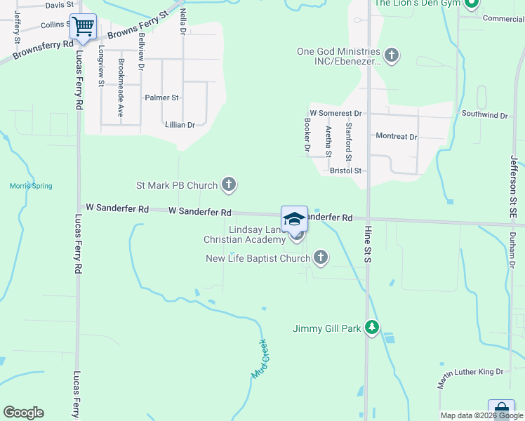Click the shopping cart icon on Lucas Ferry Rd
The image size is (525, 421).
[84, 27]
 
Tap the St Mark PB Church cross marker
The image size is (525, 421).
[228, 185]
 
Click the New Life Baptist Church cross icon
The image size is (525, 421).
[321, 258]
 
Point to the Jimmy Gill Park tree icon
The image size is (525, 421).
[372, 328]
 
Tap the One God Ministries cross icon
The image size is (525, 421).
[392, 54]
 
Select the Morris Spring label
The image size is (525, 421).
[31, 186]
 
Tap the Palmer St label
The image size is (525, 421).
[161, 98]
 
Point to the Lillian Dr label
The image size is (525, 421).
[180, 125]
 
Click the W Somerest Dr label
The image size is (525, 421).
[335, 113]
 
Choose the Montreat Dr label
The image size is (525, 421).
[397, 137]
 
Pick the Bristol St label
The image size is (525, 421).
[345, 171]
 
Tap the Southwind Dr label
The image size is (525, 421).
[484, 114]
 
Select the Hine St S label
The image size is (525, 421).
[367, 246]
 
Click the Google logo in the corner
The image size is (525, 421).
[23, 413]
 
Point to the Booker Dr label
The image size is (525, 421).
[307, 135]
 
